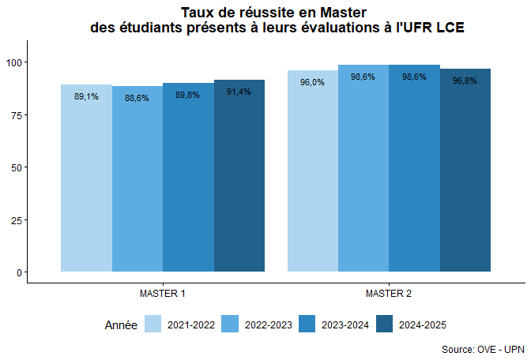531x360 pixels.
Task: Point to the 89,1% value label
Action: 86,96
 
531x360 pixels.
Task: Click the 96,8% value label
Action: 465,81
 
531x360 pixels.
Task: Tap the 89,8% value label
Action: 187,95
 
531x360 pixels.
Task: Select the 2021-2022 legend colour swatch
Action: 153,324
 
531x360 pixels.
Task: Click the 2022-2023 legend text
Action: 269,324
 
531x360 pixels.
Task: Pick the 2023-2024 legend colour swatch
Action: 307,324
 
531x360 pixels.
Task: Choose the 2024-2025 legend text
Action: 423,324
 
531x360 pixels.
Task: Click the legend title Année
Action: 121,324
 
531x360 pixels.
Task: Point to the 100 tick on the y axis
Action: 16,62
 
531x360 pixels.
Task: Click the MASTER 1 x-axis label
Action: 163,294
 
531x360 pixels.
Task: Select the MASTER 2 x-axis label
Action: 389,294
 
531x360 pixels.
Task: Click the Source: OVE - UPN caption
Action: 482,349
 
